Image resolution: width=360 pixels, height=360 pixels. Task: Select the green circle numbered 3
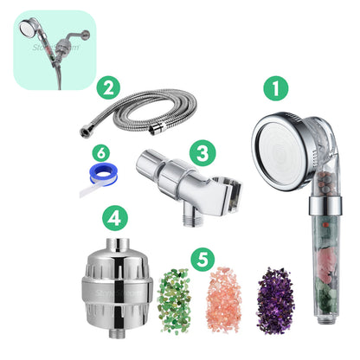pyautogui.click(x=202, y=155)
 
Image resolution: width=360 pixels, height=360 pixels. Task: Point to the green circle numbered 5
pyautogui.click(x=201, y=258)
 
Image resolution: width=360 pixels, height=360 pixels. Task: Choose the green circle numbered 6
pyautogui.click(x=103, y=151)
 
